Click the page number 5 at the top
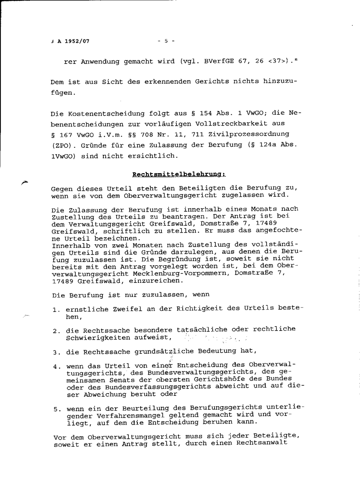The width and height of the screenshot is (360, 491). [166, 41]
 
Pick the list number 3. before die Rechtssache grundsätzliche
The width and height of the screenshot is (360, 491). [56, 352]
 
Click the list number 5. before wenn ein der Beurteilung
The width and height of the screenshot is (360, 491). [56, 408]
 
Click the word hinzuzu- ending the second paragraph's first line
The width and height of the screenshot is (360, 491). [279, 81]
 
